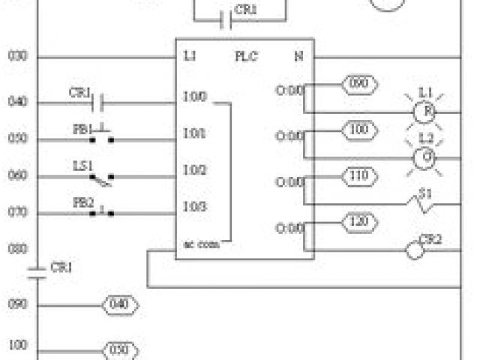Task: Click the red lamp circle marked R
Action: pyautogui.click(x=425, y=112)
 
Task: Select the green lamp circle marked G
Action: pyautogui.click(x=425, y=157)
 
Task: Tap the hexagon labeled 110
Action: pyautogui.click(x=359, y=176)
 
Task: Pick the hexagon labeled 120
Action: pyautogui.click(x=359, y=221)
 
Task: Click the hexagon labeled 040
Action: pyautogui.click(x=119, y=305)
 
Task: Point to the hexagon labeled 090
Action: pyautogui.click(x=359, y=84)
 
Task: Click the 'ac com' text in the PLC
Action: pyautogui.click(x=201, y=244)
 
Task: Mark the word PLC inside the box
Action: pyautogui.click(x=245, y=56)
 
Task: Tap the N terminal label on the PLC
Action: pyautogui.click(x=298, y=56)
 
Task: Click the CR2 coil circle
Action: pyautogui.click(x=415, y=250)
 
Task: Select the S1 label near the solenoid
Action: pyautogui.click(x=425, y=193)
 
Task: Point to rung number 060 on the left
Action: pyautogui.click(x=17, y=175)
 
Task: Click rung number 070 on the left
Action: pyautogui.click(x=17, y=212)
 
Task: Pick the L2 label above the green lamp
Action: pyautogui.click(x=425, y=138)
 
